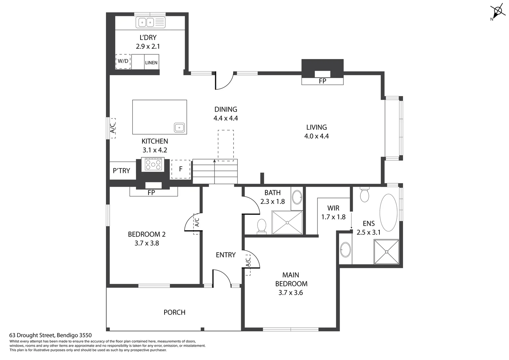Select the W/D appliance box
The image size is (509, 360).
123,61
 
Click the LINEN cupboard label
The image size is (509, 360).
151,63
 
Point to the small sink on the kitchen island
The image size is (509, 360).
179,127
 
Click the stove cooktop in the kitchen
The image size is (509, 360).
153,164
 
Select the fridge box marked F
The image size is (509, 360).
181,169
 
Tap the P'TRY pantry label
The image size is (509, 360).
122,171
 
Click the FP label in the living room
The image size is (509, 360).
322,81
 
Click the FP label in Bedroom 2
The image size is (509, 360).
151,193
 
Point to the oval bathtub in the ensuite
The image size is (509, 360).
388,213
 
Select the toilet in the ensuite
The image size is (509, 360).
364,195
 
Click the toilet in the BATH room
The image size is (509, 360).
262,226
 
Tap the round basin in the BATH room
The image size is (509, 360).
297,197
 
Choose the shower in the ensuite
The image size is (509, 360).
386,252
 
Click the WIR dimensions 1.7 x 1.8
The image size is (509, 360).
333,217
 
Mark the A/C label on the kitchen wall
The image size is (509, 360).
113,128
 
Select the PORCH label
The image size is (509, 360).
174,312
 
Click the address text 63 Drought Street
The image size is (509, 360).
50,335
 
